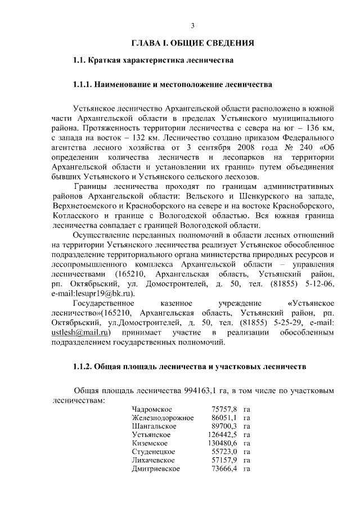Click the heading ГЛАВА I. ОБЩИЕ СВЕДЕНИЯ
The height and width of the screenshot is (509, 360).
point(192,43)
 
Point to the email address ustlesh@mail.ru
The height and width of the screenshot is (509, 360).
point(76,332)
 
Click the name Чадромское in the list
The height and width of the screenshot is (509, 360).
point(152,409)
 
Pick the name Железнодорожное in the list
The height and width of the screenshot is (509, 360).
point(163,417)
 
